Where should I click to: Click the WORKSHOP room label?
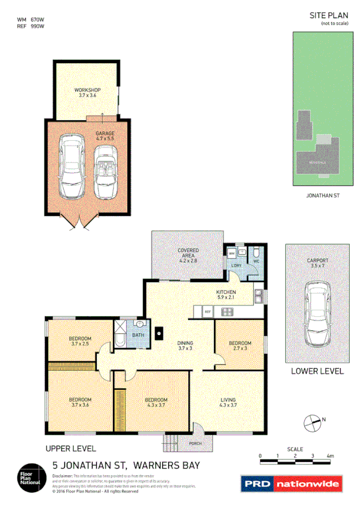[x=87, y=93]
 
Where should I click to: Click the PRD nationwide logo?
[x=291, y=483]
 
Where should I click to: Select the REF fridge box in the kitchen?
[x=207, y=312]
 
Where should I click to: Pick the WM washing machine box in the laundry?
[x=231, y=254]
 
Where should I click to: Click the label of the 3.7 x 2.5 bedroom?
[x=81, y=340]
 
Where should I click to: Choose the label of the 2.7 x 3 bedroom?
[x=239, y=346]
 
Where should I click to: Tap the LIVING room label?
[x=228, y=402]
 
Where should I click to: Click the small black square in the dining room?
[x=159, y=330]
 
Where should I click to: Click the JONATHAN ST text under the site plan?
[x=324, y=196]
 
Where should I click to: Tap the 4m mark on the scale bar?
[x=330, y=456]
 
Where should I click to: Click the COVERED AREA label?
[x=188, y=253]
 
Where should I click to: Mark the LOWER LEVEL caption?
[x=317, y=371]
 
